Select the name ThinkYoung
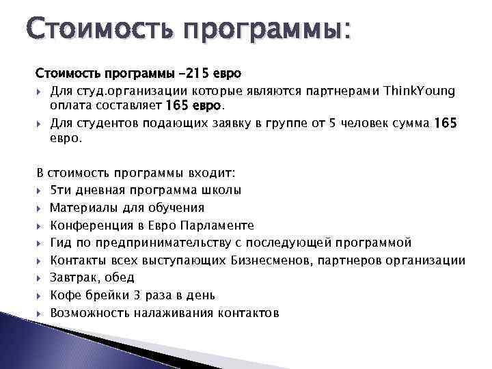[420, 91]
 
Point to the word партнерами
[344, 91]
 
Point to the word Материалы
[81, 208]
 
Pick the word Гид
[61, 243]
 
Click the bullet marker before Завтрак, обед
[40, 278]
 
